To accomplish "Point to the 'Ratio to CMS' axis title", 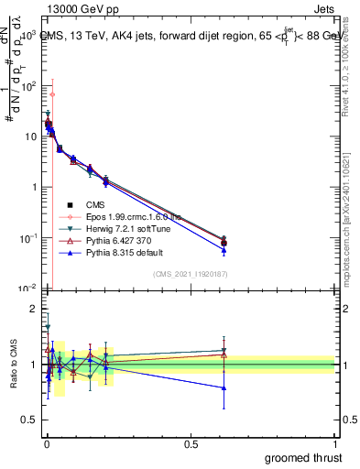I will (13, 365).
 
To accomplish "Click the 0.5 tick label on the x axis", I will (191, 443).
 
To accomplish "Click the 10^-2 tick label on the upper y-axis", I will (27, 288).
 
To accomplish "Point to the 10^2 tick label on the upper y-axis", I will (27, 85).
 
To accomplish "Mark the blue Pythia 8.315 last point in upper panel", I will (224, 250).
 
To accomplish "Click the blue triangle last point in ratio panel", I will (224, 387).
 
